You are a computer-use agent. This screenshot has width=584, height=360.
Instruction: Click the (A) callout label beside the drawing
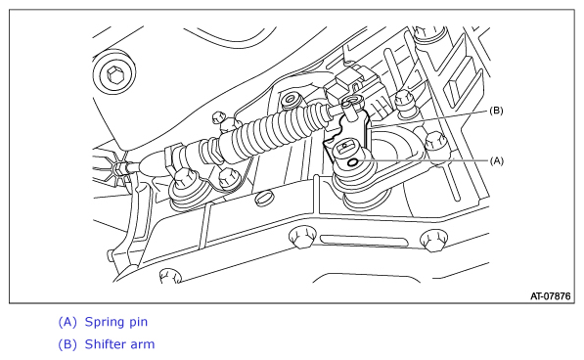coord(497,161)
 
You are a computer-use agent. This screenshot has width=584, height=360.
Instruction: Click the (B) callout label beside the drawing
coord(497,111)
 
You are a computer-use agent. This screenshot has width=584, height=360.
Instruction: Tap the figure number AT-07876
coord(551,296)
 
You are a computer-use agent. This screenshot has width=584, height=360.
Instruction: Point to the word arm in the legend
coord(144,345)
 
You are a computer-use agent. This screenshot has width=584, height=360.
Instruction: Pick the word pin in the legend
coord(138,323)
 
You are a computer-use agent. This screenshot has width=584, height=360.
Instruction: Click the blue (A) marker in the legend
coord(67,322)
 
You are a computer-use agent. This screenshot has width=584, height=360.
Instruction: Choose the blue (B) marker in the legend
coord(67,344)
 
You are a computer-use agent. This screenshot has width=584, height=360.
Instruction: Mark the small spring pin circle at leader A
coord(352,162)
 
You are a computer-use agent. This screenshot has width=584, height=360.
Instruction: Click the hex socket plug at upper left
coord(114,74)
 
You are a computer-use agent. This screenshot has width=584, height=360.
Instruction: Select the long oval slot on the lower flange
coord(364,241)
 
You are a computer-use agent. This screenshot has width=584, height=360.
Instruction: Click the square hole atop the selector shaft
coord(345,147)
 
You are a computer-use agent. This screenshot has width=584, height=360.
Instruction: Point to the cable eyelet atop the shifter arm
coord(353,100)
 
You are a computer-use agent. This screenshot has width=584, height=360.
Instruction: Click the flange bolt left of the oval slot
coord(302,237)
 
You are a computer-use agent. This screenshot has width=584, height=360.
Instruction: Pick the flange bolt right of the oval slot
coord(434,240)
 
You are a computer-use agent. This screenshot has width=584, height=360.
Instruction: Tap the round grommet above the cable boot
coord(292,100)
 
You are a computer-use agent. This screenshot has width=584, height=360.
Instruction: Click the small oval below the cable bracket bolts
coord(265,198)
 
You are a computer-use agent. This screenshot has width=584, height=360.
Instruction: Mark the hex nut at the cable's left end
coord(120,167)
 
